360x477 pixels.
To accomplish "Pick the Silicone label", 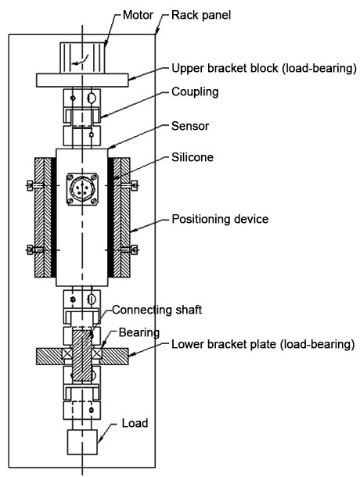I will point(193,157).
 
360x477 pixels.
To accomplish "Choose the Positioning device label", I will point(220,220).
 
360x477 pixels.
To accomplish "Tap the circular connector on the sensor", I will point(81,189).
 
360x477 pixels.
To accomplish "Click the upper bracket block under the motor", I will point(81,80).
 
